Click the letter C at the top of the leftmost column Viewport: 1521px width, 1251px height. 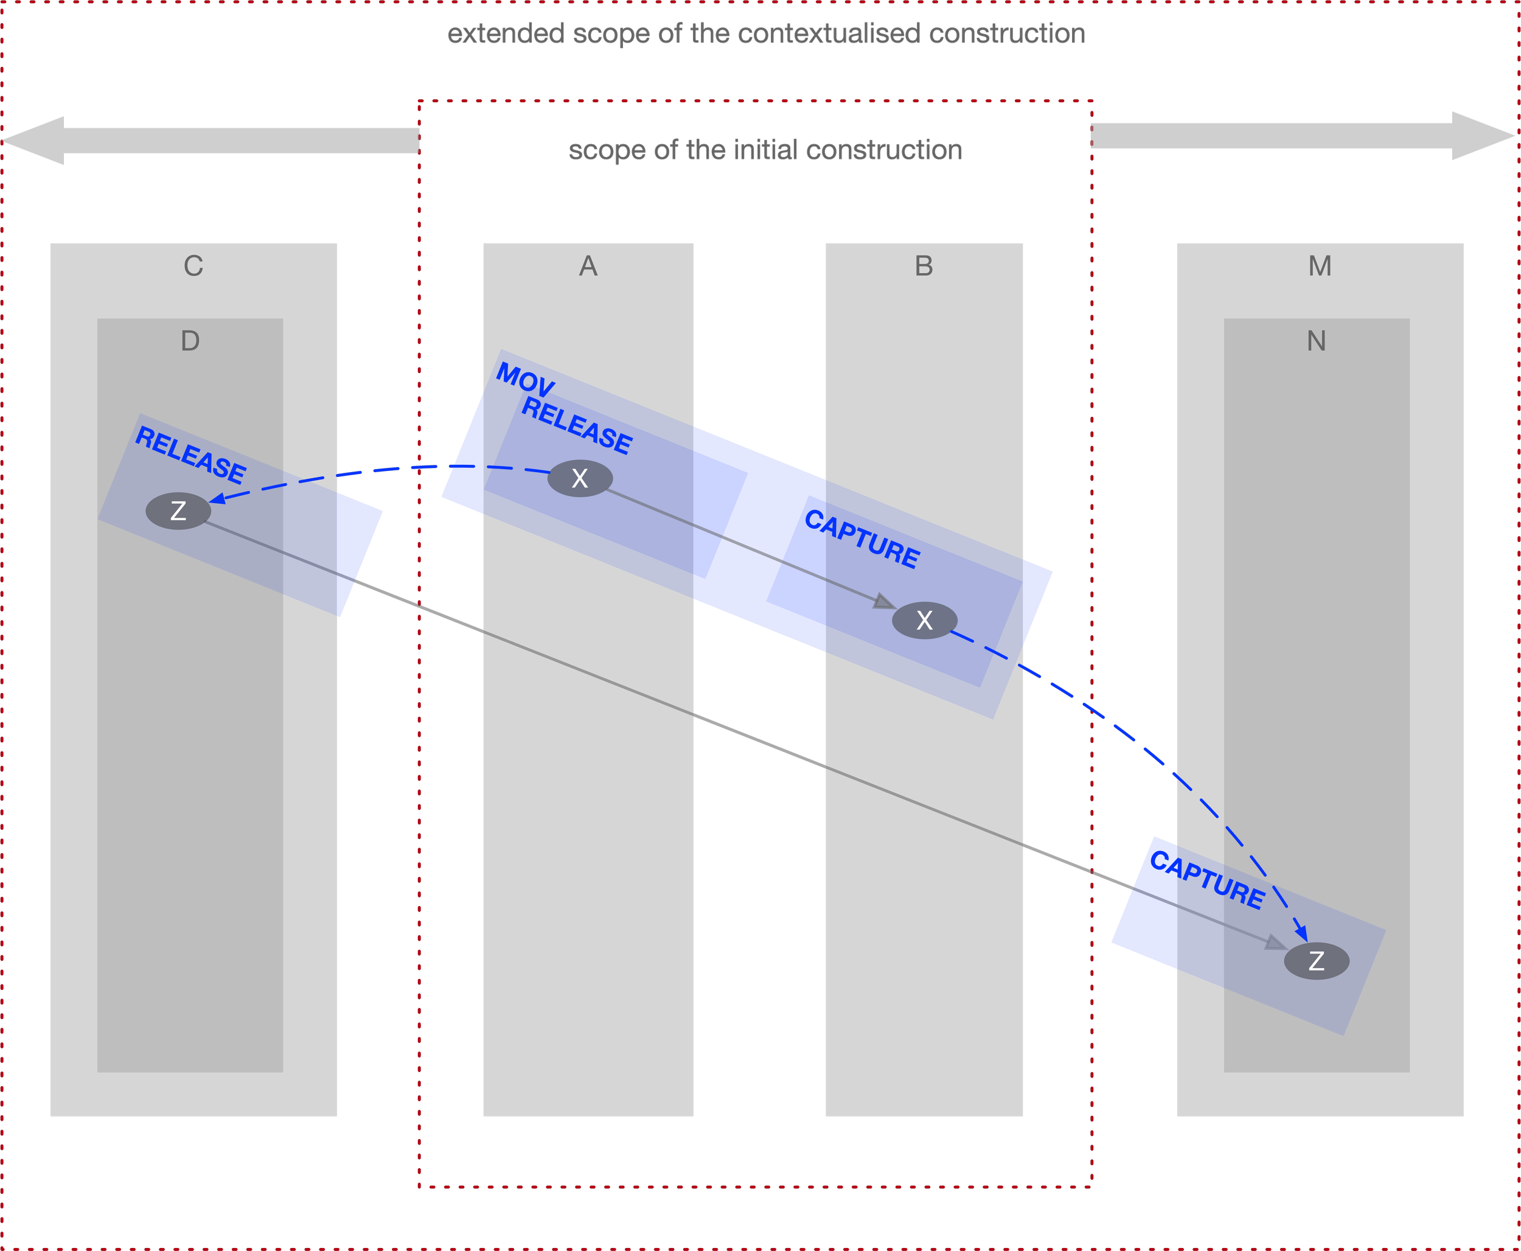click(x=193, y=266)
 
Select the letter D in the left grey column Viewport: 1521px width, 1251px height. click(x=190, y=341)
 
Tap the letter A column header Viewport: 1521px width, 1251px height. click(x=588, y=266)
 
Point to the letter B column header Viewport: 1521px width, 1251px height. click(x=924, y=266)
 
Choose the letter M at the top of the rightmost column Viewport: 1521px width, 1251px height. click(x=1319, y=266)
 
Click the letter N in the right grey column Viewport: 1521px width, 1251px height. click(x=1317, y=341)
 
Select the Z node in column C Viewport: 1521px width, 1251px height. click(x=178, y=511)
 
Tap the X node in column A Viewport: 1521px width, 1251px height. click(x=580, y=478)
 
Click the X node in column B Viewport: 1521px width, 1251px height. click(x=924, y=620)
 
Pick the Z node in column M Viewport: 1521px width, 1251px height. click(x=1317, y=961)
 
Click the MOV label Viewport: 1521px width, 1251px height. click(x=525, y=379)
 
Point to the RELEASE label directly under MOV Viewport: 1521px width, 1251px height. click(x=576, y=425)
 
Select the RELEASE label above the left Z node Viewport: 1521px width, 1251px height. click(x=191, y=455)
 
